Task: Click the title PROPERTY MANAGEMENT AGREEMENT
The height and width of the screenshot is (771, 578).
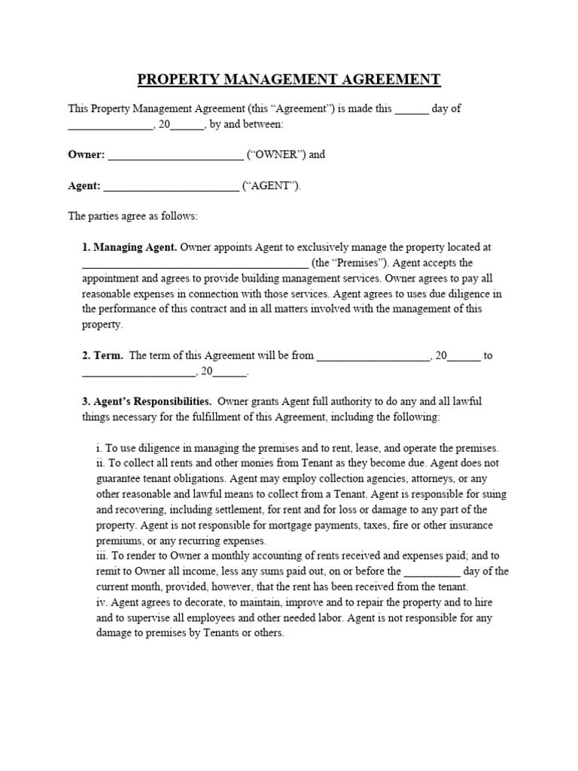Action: [289, 80]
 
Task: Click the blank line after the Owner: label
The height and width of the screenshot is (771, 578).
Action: [175, 156]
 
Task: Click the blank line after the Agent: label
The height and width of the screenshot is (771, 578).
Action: [171, 187]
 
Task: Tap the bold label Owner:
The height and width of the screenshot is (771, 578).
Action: [87, 154]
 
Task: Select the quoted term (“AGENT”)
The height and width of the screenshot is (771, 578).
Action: [271, 186]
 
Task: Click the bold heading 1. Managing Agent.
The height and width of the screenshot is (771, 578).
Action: [129, 247]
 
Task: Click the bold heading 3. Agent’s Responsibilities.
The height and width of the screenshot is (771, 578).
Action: [147, 401]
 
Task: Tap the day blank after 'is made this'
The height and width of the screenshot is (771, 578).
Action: [412, 108]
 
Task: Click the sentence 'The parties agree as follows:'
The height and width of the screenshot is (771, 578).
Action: [132, 216]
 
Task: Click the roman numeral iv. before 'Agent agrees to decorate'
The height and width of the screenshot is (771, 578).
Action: [102, 602]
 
